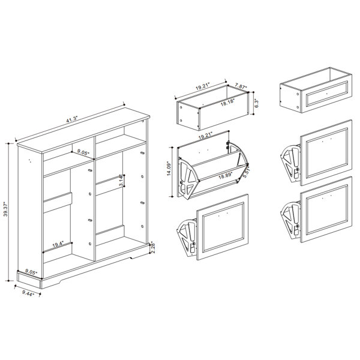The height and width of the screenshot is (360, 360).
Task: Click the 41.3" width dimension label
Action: coord(73,120)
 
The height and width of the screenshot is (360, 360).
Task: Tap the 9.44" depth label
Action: coord(28,293)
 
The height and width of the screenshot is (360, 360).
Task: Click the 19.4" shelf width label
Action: coord(58,245)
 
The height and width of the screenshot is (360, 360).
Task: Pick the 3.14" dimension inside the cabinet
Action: coord(122,181)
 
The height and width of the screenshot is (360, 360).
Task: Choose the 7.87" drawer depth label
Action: coord(241,85)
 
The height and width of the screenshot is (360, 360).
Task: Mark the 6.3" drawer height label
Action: coord(257,103)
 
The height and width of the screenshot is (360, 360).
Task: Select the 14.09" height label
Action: coord(169,169)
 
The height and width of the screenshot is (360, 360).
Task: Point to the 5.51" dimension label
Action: coord(246,172)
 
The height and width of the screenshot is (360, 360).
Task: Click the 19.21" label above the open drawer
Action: coord(203,87)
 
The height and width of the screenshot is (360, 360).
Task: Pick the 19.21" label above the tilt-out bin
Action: coord(205,136)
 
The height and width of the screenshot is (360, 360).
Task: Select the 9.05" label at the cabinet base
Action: coord(31,272)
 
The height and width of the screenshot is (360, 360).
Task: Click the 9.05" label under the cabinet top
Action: coord(83,152)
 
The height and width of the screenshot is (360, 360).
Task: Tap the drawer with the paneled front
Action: coord(316,90)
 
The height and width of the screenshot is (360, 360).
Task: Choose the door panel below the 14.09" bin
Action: coord(223,227)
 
